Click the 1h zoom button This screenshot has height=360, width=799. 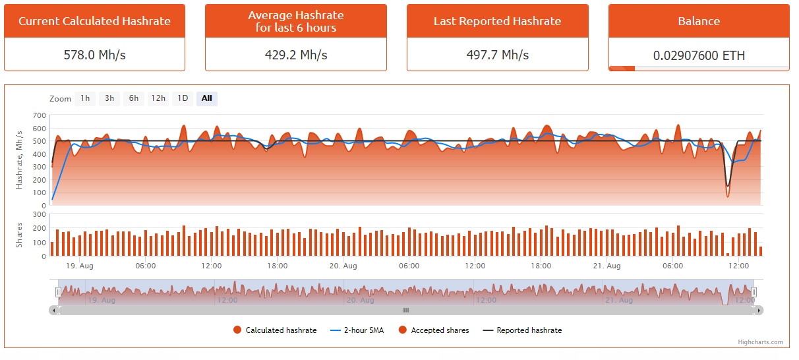point(85,99)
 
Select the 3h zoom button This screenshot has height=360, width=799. point(109,99)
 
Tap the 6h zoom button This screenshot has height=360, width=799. point(134,99)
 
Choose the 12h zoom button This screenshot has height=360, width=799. point(158,99)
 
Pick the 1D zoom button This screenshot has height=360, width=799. point(183,99)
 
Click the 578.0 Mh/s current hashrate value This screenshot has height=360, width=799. point(94,55)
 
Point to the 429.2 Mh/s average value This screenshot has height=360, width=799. point(295,55)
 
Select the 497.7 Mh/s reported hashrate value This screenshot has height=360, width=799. point(497,55)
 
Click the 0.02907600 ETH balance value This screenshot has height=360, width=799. point(699,55)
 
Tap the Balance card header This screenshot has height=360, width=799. point(699,21)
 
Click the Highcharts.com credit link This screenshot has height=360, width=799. point(760,342)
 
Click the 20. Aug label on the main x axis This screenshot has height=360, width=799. point(343,266)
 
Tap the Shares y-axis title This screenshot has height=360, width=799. point(20,235)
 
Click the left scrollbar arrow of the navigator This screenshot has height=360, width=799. point(53,310)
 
